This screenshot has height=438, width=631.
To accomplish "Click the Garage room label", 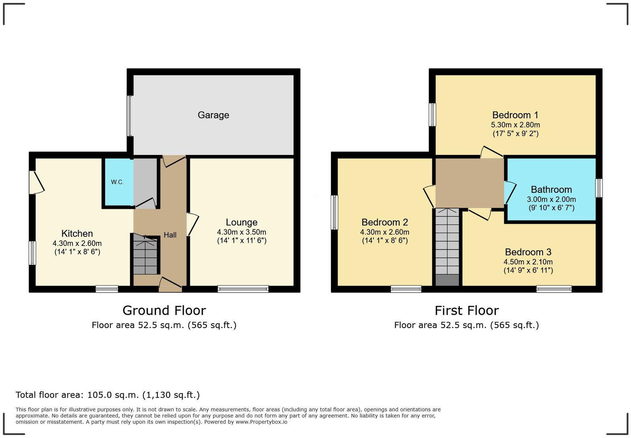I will (213, 115).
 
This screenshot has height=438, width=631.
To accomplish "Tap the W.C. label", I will (117, 182).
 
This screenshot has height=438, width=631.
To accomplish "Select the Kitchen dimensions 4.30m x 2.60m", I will (77, 243).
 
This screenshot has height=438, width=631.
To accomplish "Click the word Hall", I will (170, 235).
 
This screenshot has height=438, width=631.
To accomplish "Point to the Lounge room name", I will (241, 222).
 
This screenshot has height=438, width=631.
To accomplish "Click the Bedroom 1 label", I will (515, 115).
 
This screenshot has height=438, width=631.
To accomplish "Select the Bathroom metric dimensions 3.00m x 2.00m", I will (551, 199).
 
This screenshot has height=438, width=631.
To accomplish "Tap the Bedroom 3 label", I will (528, 252).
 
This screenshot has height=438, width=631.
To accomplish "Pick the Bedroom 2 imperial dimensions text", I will (385, 241).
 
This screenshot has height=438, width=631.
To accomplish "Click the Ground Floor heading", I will (164, 310).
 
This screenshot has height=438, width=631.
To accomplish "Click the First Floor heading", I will (466, 310).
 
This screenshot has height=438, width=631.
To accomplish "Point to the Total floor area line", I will (107, 395).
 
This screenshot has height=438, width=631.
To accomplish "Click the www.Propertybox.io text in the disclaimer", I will (261, 422).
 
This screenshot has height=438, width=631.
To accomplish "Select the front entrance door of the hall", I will (170, 284).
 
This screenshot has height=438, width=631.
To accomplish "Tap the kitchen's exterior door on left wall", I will (36, 183).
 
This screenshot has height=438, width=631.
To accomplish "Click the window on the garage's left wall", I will (130, 116).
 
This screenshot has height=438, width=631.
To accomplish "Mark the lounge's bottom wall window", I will (243, 288).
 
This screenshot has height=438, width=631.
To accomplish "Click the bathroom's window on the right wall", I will (599, 188).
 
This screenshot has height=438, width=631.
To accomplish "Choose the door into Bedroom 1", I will (492, 152).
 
